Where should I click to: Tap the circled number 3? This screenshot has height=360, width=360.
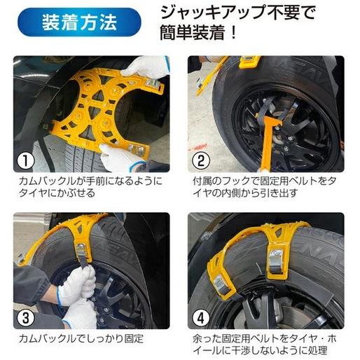(25, 317)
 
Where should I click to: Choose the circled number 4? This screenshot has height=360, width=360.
(201, 317)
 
